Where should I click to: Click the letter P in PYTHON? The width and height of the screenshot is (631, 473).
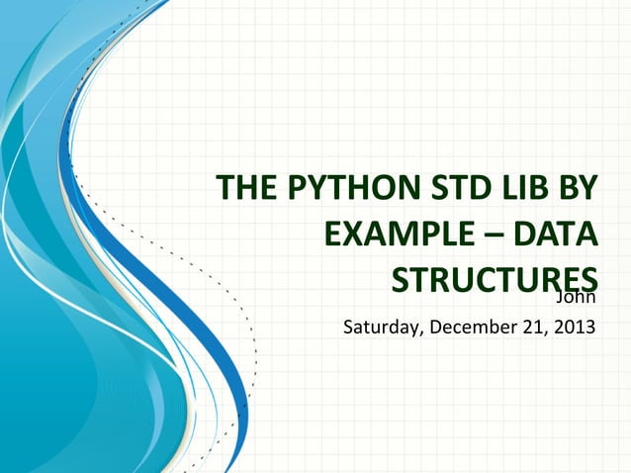[293, 189]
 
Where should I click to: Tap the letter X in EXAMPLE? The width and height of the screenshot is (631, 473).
[353, 236]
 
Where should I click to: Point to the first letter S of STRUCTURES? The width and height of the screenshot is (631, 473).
[402, 281]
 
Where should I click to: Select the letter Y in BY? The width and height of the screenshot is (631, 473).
[590, 189]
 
